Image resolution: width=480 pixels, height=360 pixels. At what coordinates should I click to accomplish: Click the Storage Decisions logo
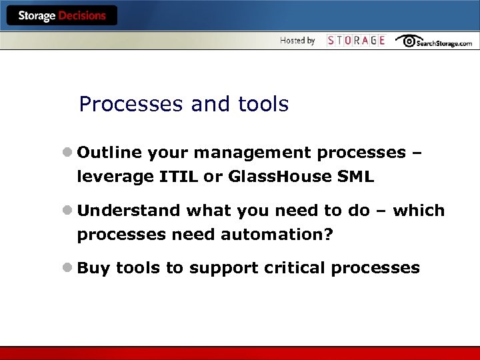(61, 16)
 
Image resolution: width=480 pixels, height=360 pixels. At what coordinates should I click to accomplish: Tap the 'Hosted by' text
(297, 41)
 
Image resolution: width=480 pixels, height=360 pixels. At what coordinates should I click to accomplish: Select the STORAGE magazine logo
(356, 41)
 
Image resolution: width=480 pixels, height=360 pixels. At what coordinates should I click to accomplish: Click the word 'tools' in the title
(263, 104)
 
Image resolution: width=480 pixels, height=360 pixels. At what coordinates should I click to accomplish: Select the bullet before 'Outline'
(68, 153)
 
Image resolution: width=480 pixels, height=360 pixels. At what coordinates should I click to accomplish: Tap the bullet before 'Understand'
(68, 211)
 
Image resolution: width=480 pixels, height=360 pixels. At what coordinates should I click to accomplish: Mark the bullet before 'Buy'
(68, 268)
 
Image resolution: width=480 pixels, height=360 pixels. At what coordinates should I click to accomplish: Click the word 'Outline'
(109, 153)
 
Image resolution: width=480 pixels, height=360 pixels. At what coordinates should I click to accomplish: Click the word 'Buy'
(93, 268)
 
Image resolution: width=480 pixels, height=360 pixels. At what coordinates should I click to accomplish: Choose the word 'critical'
(293, 268)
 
